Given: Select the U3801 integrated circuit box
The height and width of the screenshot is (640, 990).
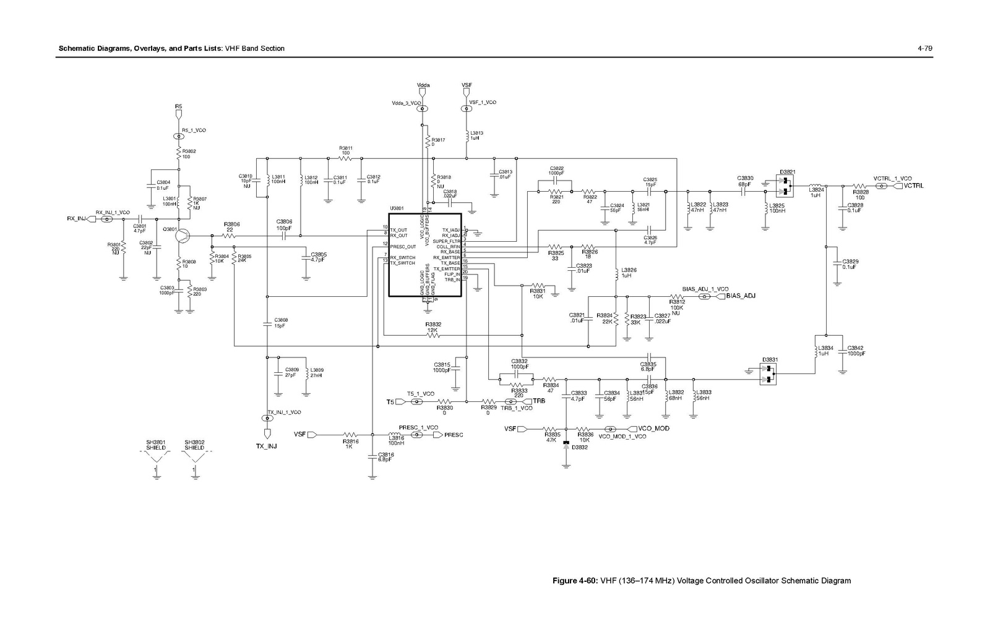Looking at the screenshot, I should [x=424, y=255].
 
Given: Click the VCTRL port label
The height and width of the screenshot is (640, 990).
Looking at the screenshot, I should [x=913, y=186].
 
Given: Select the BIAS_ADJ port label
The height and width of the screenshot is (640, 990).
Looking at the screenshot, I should [x=741, y=296].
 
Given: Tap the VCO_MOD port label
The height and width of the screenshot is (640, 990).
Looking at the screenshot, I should [x=654, y=429].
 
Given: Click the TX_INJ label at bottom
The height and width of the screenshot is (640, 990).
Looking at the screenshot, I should [x=267, y=445].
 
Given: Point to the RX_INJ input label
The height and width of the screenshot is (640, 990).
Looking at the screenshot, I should [x=77, y=218].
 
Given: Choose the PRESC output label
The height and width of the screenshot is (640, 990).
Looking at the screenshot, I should [x=454, y=435].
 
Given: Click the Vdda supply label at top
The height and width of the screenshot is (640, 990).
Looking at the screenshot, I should [x=423, y=85].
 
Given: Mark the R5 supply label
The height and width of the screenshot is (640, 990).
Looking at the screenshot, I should [x=178, y=106].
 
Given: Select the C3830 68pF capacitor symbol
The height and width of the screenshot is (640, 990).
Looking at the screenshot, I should [x=745, y=191].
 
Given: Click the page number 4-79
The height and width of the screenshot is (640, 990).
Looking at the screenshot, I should [x=924, y=48].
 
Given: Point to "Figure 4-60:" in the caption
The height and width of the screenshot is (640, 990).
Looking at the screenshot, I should [x=575, y=581].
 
